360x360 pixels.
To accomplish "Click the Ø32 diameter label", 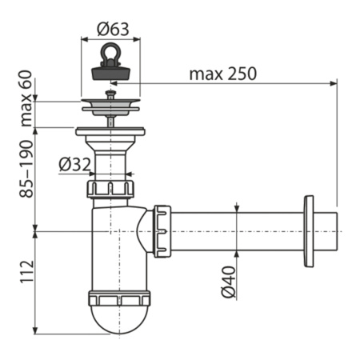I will [74, 166].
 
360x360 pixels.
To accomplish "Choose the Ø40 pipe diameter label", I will [230, 280].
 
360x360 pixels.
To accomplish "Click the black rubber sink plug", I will [111, 70].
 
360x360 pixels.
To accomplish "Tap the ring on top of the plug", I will [111, 55].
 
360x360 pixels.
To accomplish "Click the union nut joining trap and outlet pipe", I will [162, 231].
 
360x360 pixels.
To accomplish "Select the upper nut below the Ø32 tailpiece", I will [111, 190].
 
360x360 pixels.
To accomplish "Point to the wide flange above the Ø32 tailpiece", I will [111, 130].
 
